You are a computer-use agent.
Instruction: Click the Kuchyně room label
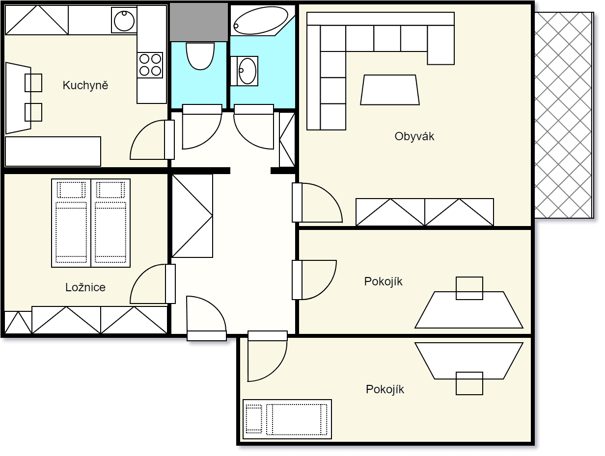tap(85, 85)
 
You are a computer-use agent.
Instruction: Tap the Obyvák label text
tap(414, 136)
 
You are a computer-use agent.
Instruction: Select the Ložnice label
tap(85, 287)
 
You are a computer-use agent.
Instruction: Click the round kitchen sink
tap(124, 21)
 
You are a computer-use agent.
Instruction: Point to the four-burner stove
tap(150, 65)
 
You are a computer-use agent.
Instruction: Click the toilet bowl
tap(200, 55)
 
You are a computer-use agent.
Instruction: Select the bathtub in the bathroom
tap(260, 21)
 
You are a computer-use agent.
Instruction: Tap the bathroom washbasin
tap(247, 71)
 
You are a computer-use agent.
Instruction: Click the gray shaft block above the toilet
tap(198, 22)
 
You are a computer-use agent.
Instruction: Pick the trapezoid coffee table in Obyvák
tap(389, 90)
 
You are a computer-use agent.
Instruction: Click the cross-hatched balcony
tap(563, 115)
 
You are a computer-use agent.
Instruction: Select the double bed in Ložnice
tap(91, 223)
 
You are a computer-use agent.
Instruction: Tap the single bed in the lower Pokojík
tap(287, 419)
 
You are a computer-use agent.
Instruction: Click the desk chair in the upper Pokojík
tap(469, 288)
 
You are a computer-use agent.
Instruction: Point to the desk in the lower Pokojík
tap(469, 360)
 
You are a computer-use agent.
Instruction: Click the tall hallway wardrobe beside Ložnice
tap(192, 215)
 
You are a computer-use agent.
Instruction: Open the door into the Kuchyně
tap(150, 141)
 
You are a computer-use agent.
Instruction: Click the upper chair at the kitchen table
tap(33, 83)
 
